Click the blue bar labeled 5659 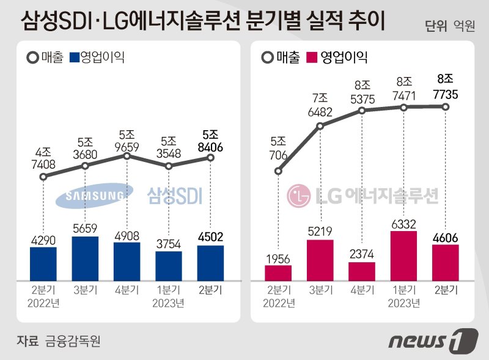click(x=85, y=258)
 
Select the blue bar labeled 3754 click(x=168, y=265)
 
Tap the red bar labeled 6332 click(x=403, y=255)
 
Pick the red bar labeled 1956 click(x=278, y=273)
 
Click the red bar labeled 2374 click(x=362, y=271)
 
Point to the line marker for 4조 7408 click(x=43, y=177)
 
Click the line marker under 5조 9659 click(x=127, y=156)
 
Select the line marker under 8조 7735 click(x=446, y=107)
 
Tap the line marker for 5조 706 click(x=279, y=171)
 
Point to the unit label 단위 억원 click(x=449, y=25)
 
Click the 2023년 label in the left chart click(x=168, y=303)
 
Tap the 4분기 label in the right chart click(x=362, y=290)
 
